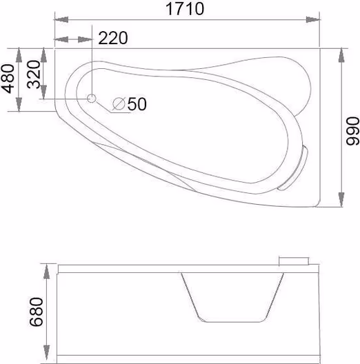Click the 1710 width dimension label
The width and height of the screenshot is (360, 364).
[x=185, y=9]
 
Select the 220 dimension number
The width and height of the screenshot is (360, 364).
[x=113, y=38]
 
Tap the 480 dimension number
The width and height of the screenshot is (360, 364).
[x=8, y=79]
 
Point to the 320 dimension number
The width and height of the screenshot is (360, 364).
[x=33, y=74]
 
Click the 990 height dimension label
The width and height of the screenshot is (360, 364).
[x=352, y=131]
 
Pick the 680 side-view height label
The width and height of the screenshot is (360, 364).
[x=37, y=312]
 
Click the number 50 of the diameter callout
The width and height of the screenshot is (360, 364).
[x=137, y=104]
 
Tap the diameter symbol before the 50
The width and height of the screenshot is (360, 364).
[x=119, y=104]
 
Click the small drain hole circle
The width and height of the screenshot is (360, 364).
[x=92, y=99]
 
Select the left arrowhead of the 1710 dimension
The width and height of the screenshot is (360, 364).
[x=61, y=20]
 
